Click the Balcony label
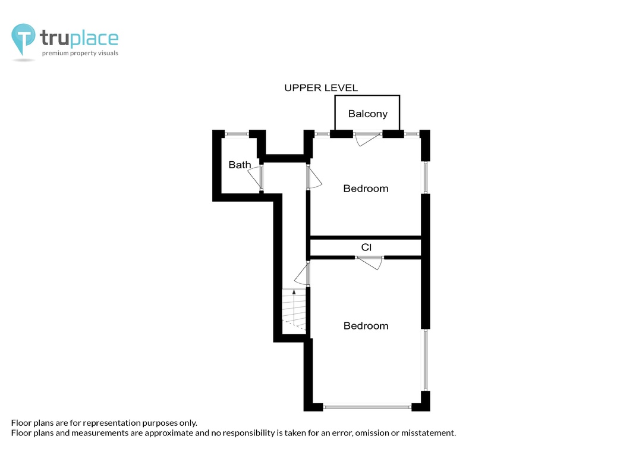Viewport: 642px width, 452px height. pos(368,114)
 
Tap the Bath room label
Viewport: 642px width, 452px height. pos(240,165)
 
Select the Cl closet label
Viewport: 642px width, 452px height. pos(366,247)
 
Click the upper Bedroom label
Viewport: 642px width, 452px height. pos(366,189)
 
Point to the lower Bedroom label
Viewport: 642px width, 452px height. pos(366,326)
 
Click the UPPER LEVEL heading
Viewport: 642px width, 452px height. pos(321,87)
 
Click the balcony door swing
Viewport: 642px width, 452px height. pos(367,139)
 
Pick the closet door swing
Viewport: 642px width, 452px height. pos(369,263)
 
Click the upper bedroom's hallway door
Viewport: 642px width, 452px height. pos(314,177)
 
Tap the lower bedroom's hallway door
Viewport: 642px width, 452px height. pos(302,274)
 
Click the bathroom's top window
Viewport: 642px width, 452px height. pos(237,134)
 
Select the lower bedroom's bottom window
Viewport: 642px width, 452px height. pos(367,407)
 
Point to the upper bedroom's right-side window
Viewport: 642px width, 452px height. pos(426,177)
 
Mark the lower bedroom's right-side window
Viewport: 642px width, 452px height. pos(426,360)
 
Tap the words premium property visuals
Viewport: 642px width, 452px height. pos(80,54)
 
